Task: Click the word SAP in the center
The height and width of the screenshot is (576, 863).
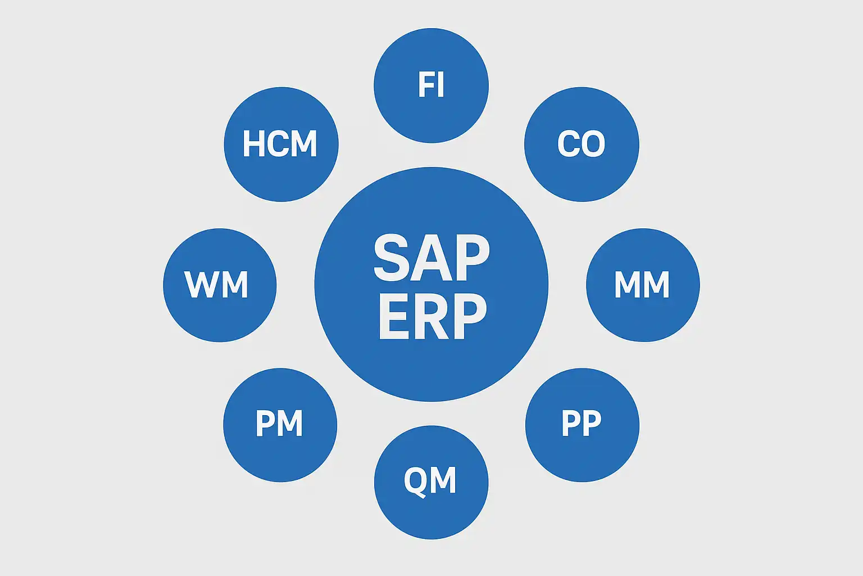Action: (x=431, y=258)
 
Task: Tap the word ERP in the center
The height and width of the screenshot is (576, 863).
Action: (x=431, y=316)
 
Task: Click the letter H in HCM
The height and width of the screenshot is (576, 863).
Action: (x=253, y=143)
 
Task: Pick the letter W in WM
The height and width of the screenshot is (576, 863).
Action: (x=200, y=285)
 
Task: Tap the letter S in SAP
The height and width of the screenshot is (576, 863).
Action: (x=391, y=258)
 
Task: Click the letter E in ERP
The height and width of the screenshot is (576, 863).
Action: (x=393, y=316)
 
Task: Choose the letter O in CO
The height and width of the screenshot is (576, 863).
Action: (x=594, y=144)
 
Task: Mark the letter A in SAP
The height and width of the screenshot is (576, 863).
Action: (x=431, y=258)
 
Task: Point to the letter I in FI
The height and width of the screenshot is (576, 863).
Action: (x=440, y=85)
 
